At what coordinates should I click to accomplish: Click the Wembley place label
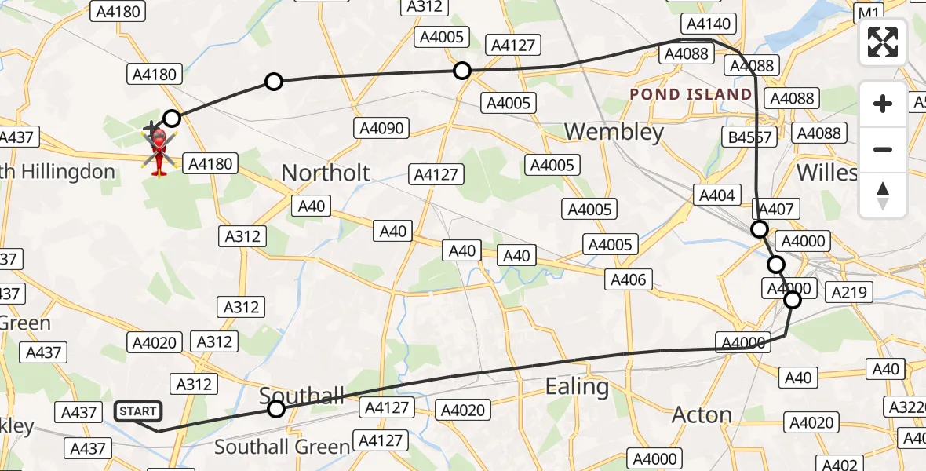click(614, 132)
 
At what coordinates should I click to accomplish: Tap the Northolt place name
click(325, 173)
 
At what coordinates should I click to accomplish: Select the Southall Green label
click(282, 447)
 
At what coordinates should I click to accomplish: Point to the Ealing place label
click(577, 387)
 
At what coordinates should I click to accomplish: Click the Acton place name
click(702, 415)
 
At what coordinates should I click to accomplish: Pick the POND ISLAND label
click(691, 95)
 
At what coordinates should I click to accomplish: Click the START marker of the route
click(138, 411)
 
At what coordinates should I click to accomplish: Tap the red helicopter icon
click(159, 149)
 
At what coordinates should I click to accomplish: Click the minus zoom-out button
click(883, 149)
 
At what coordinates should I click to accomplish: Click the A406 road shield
click(628, 279)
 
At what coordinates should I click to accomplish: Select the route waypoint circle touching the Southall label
click(276, 408)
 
